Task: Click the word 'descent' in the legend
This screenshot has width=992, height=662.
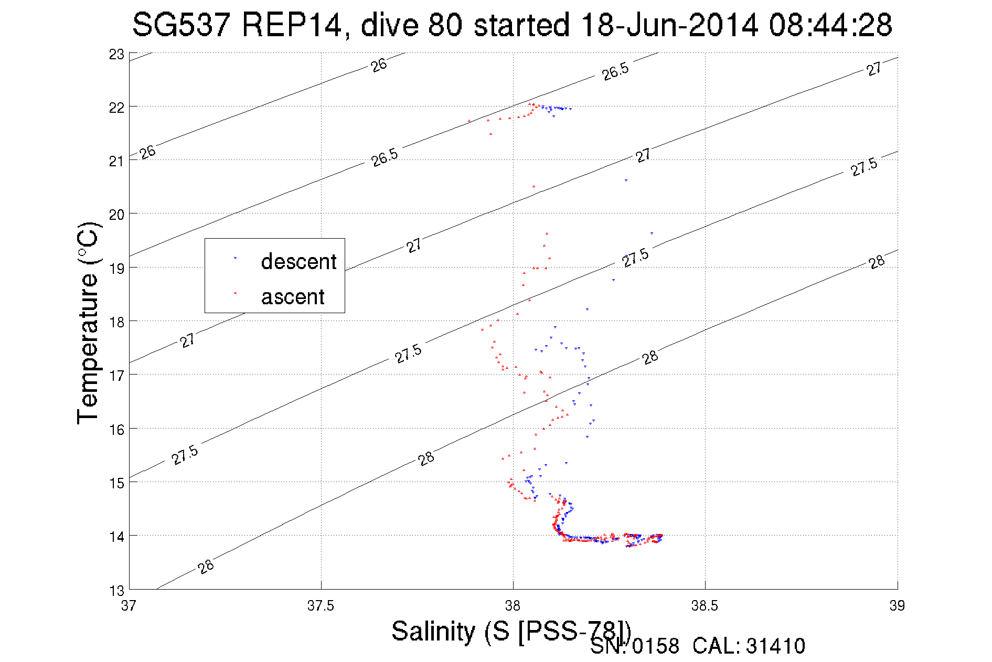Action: pos(298,261)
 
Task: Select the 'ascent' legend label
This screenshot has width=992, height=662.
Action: pos(293,297)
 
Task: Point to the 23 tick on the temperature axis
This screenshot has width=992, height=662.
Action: pos(116,55)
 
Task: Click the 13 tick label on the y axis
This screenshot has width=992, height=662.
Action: pos(116,591)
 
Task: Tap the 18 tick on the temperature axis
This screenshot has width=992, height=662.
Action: pos(116,322)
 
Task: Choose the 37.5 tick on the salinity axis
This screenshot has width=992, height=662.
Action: pos(321,606)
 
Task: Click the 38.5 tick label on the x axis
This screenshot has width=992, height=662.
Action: pos(705,606)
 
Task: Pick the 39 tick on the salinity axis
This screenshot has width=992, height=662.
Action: pos(897,606)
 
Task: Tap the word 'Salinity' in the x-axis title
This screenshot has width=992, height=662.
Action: pos(433,631)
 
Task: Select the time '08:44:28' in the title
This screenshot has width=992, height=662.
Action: pos(830,25)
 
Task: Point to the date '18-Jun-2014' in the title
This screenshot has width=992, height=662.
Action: pos(669,25)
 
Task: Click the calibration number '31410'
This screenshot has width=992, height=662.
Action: pos(775,646)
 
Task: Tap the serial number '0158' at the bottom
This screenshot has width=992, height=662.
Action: pos(656,646)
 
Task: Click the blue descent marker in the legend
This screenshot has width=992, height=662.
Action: pos(235,258)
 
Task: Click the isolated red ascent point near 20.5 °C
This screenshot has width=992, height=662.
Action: pos(534,186)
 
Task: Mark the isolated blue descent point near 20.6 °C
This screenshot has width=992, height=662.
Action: pos(626,180)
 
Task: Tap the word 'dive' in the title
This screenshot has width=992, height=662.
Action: pos(390,25)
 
